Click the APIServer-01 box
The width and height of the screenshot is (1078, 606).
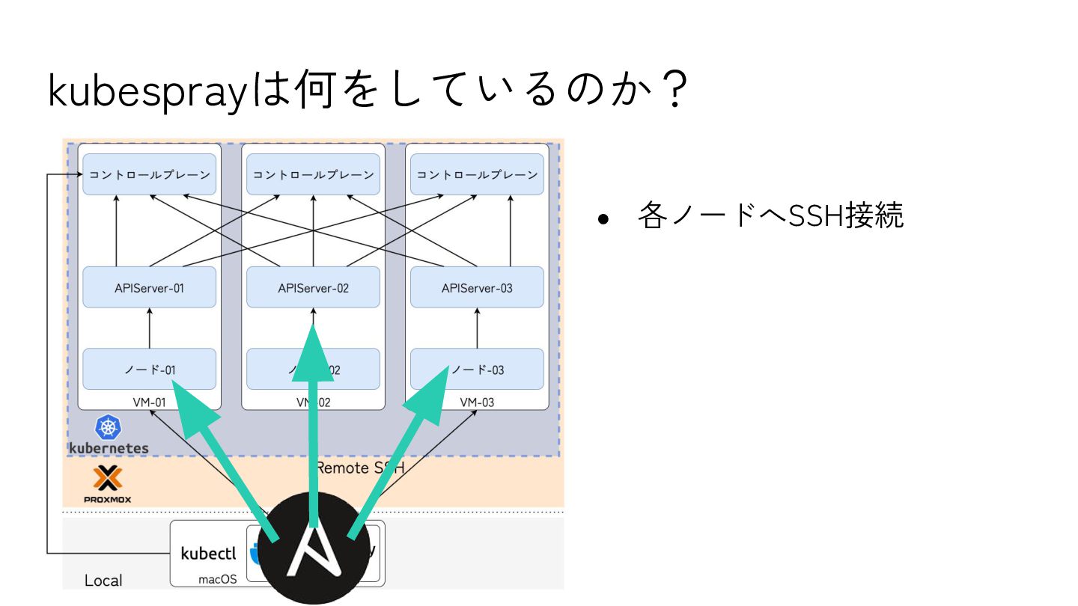click(x=149, y=287)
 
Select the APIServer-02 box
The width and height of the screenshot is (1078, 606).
click(x=313, y=287)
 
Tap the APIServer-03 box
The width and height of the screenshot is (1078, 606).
click(x=477, y=287)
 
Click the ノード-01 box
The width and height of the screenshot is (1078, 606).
click(x=149, y=369)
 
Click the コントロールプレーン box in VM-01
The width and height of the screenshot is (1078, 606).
click(x=149, y=174)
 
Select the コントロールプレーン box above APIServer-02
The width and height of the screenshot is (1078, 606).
click(x=313, y=174)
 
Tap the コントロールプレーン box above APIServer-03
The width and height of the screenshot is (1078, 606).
click(x=477, y=174)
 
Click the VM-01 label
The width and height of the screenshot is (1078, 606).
click(x=149, y=403)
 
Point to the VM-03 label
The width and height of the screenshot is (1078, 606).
click(x=477, y=403)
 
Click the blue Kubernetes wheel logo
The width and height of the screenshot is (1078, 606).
click(x=109, y=428)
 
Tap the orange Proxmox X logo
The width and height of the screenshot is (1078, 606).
click(x=108, y=478)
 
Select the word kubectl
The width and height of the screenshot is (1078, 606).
click(x=208, y=554)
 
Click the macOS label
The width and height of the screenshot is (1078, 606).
click(x=217, y=579)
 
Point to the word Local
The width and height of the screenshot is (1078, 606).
click(x=103, y=581)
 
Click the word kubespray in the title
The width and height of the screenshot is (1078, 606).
click(x=147, y=91)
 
